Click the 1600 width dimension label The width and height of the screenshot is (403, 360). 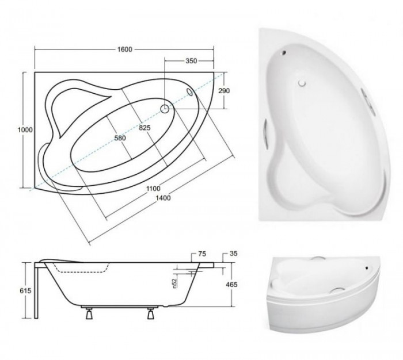click(125, 49)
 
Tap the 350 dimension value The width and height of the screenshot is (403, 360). click(191, 61)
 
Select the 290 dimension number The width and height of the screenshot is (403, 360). click(224, 91)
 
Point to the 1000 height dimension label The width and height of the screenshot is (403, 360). click(25, 129)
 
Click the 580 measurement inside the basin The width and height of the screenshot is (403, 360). click(120, 138)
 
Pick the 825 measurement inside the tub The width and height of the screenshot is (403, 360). click(145, 128)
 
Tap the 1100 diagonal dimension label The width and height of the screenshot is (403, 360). click(153, 189)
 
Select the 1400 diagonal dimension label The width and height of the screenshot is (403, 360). click(164, 198)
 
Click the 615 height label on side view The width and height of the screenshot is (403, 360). click(25, 290)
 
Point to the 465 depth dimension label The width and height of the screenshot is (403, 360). click(231, 285)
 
